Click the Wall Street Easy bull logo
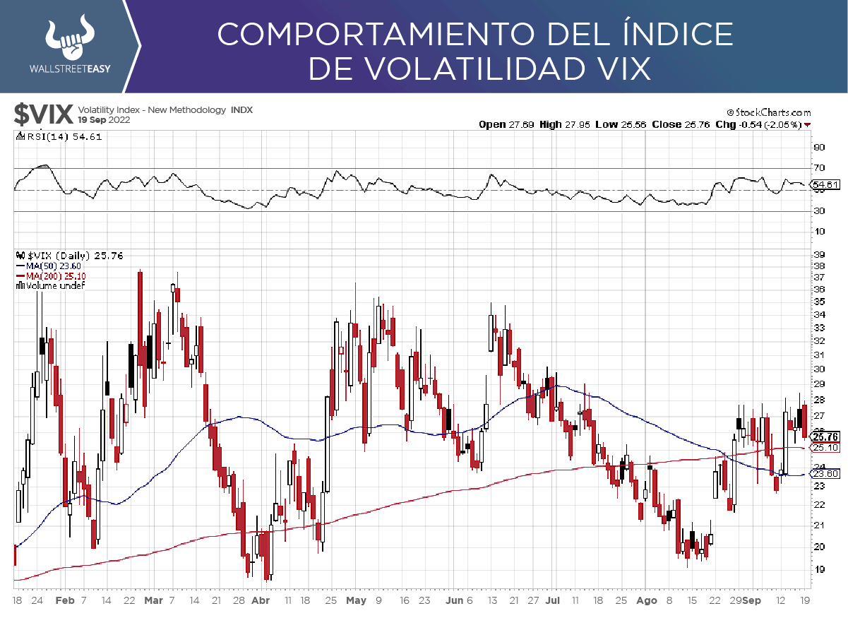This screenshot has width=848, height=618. point(70,38)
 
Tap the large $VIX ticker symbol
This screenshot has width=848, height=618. point(44,114)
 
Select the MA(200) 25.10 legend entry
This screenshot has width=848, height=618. point(51,275)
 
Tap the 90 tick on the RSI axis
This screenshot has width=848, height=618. point(819,147)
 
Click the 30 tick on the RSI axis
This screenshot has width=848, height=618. point(819,211)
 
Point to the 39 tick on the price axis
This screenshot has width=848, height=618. point(820,254)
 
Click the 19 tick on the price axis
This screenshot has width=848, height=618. point(820,569)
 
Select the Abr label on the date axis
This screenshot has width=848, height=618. point(261,601)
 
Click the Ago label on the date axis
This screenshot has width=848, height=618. point(646,601)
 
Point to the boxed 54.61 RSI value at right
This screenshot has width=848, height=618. point(825,186)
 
